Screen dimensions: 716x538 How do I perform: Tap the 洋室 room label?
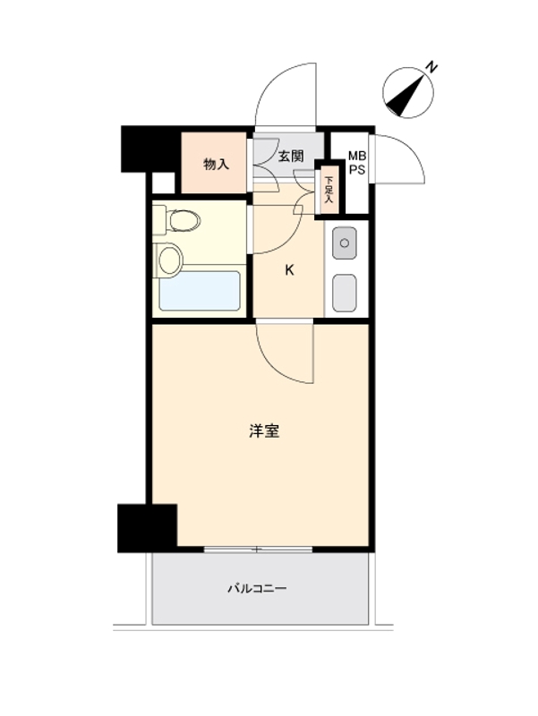pyautogui.click(x=264, y=431)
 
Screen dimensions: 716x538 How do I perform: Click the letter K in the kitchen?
pyautogui.click(x=289, y=269)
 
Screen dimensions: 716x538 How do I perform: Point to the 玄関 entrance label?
pyautogui.click(x=290, y=156)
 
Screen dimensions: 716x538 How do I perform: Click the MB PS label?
pyautogui.click(x=356, y=164)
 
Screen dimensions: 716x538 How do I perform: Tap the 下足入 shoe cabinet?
pyautogui.click(x=329, y=190)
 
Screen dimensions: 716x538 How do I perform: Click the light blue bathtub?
pyautogui.click(x=200, y=291)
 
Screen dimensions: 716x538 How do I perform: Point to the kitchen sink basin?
pyautogui.click(x=345, y=292)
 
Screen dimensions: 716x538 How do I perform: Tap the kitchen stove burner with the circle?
pyautogui.click(x=345, y=241)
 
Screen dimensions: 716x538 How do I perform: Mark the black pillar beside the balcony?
pyautogui.click(x=147, y=527)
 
